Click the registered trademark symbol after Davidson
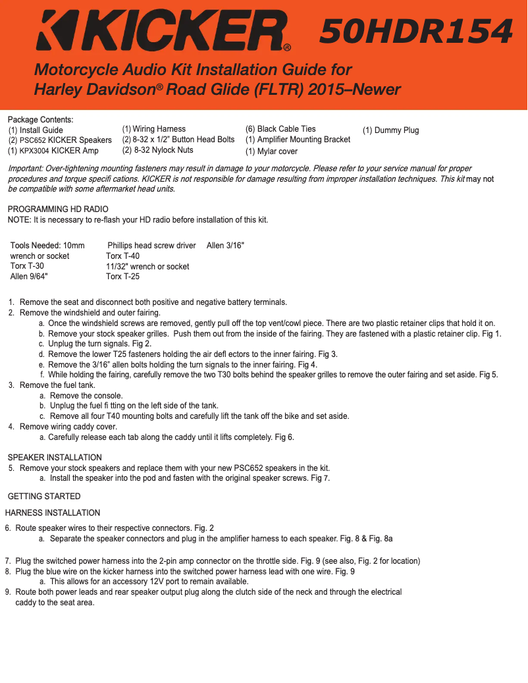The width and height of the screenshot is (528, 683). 159,87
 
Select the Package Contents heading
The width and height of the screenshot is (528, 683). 40,119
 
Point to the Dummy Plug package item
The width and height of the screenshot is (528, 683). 390,130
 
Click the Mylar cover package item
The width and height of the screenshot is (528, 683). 271,151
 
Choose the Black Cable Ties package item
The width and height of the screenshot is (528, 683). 280,129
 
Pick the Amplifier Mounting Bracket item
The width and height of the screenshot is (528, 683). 298,140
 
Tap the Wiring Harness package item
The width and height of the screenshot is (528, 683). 154,129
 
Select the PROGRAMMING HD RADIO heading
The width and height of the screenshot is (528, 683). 58,209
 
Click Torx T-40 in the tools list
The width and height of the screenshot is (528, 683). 122,256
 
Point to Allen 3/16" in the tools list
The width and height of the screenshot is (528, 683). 225,246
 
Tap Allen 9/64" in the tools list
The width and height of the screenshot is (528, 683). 29,277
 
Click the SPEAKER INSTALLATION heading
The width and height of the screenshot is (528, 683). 55,458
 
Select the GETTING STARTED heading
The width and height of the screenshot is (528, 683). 44,497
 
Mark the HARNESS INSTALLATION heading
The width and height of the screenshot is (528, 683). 53,513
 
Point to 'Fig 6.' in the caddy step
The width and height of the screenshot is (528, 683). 284,437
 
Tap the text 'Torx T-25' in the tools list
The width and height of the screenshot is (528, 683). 122,277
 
